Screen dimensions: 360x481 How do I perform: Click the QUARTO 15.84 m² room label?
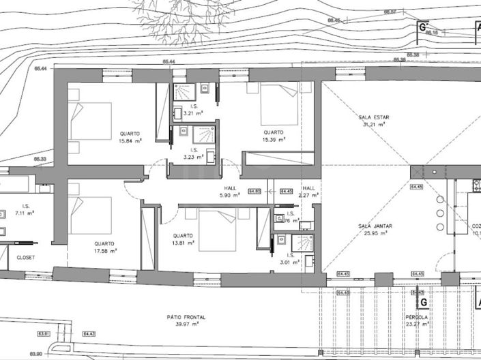coord(130,137)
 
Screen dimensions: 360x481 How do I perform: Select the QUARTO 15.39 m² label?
coord(274,136)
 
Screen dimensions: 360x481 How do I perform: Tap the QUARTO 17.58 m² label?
coord(104,247)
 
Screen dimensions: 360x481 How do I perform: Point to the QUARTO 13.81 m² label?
coord(184,239)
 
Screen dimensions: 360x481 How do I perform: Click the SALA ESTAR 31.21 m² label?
coord(373,121)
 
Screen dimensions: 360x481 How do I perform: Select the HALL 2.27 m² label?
coord(309,192)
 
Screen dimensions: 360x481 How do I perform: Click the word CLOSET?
coord(25,258)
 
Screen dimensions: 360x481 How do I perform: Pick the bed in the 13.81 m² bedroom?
coord(217,229)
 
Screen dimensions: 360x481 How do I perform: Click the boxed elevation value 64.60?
coord(255,192)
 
